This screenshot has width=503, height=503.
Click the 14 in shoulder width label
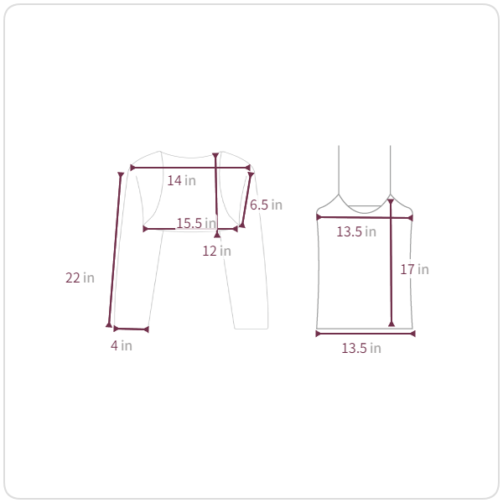click(182, 180)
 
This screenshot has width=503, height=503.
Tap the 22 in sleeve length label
click(80, 277)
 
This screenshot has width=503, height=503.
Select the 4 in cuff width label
click(122, 345)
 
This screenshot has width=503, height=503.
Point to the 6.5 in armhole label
click(266, 205)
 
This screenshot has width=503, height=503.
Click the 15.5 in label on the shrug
click(196, 223)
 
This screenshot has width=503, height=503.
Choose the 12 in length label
click(216, 251)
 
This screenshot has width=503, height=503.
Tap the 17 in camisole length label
click(414, 269)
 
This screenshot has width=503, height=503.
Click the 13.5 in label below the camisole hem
click(361, 348)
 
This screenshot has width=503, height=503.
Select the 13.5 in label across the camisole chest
click(356, 231)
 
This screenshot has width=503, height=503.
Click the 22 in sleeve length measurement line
click(115, 250)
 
